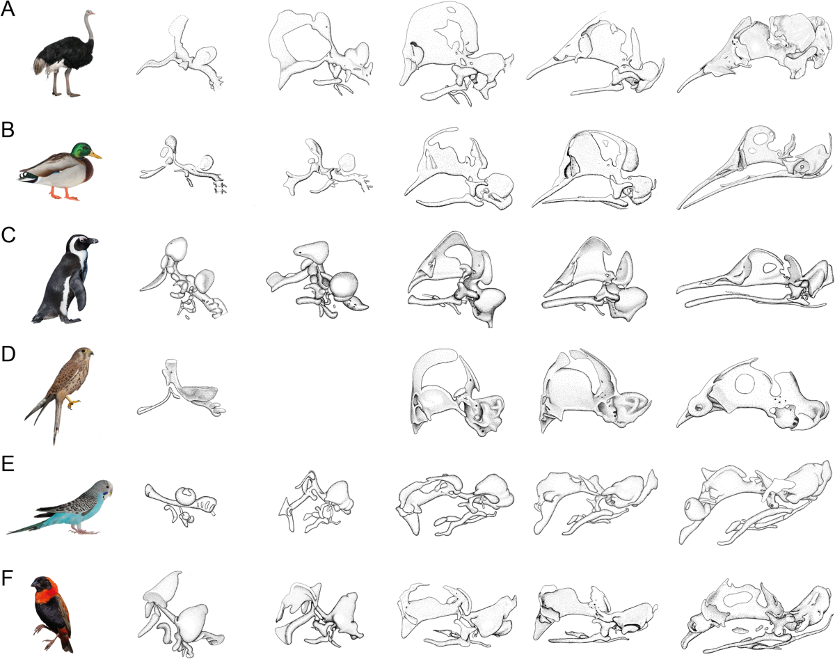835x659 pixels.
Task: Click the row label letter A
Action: pos(8,9)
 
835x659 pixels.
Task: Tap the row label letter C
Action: pos(8,235)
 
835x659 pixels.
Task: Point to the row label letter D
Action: pos(8,354)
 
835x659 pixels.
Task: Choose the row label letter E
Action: pos(8,463)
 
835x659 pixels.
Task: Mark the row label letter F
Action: pos(8,577)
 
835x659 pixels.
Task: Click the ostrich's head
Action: pos(89,14)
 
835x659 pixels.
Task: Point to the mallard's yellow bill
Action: pos(97,155)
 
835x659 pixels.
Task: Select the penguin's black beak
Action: pos(93,241)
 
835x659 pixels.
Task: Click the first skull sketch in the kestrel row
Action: pos(181,388)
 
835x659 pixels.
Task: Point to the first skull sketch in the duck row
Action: pos(183,164)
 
